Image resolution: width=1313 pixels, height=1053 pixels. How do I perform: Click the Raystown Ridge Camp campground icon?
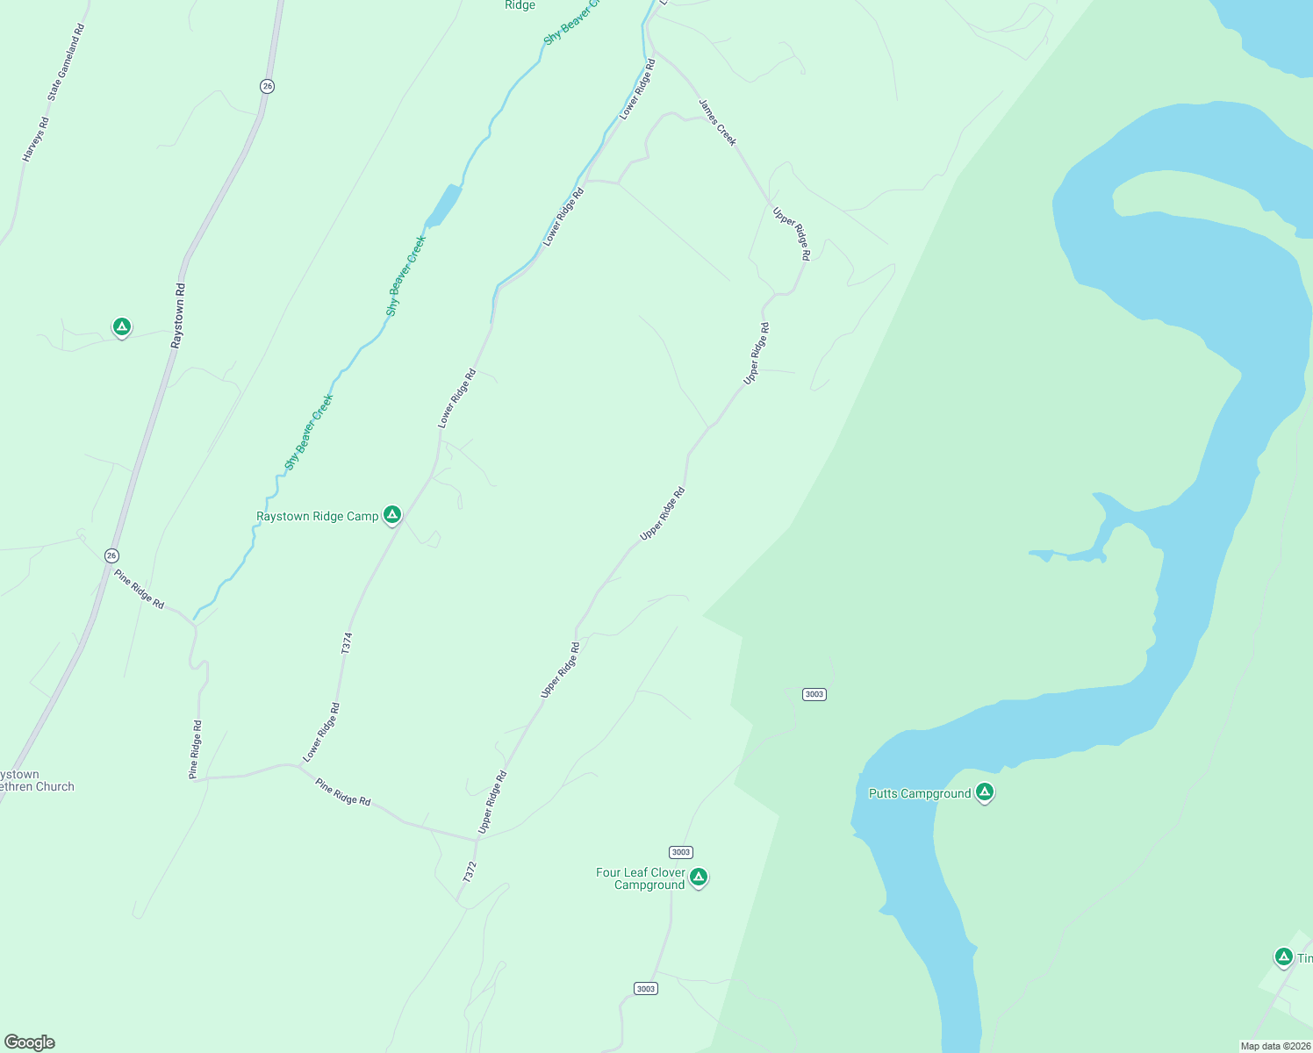point(392,515)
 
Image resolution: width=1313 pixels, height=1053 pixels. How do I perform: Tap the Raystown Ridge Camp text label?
point(317,517)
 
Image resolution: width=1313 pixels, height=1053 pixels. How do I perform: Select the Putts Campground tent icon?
point(985,792)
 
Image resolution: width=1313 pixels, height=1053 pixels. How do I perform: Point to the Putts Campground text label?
point(919,794)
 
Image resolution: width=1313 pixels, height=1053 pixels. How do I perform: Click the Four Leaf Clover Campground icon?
point(699,877)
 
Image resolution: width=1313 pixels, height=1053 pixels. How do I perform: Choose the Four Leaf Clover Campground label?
point(641,878)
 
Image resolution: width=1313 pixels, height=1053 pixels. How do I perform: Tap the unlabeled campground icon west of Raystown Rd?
point(122,327)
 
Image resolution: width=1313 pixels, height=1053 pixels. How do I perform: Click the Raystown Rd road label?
point(179,315)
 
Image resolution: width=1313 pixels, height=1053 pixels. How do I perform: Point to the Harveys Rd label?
point(36,140)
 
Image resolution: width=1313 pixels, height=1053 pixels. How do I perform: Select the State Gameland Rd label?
point(66,61)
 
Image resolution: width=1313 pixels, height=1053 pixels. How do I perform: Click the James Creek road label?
point(718,122)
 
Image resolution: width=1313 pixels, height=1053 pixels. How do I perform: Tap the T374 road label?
point(347,643)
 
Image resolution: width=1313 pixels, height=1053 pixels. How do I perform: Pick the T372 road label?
point(470,871)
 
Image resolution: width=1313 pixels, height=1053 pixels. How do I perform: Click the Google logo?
point(29,1042)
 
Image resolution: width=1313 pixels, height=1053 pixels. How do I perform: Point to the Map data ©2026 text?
point(1274,1046)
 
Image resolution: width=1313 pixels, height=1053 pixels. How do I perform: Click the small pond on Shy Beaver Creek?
point(443,205)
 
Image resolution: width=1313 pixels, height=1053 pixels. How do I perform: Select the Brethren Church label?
point(37,787)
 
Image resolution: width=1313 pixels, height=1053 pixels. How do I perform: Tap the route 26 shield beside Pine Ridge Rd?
point(111,555)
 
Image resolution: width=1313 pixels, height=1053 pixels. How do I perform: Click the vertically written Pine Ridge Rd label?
point(196,749)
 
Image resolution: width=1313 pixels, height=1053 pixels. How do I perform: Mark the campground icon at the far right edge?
point(1283,956)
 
